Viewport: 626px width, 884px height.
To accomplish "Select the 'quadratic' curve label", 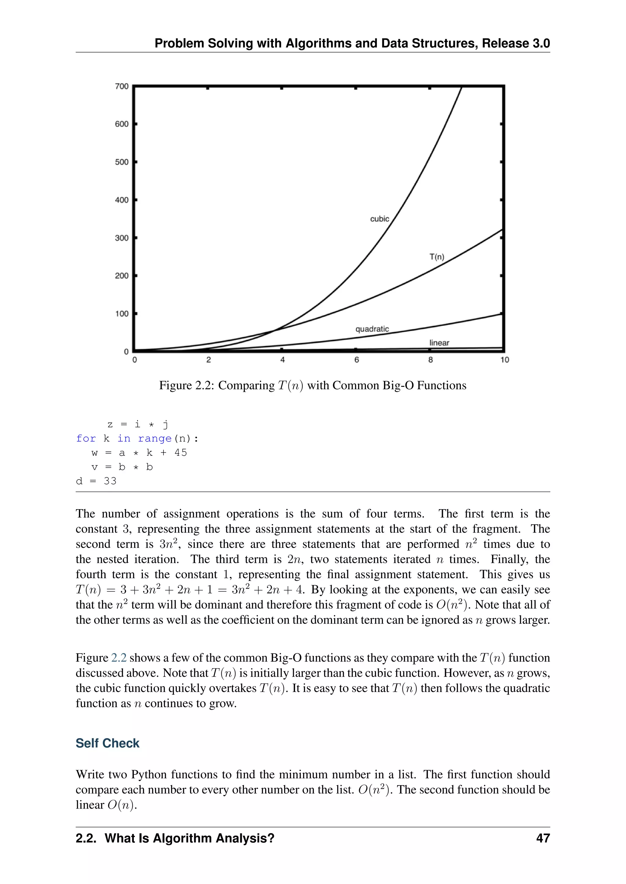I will click(x=372, y=329).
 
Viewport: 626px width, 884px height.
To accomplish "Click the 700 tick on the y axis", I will click(x=122, y=86).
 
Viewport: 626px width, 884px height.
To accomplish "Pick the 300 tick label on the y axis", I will click(x=122, y=238).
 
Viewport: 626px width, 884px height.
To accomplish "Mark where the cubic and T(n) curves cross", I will click(x=274, y=330).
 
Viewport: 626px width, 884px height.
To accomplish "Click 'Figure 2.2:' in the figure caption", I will click(x=187, y=386).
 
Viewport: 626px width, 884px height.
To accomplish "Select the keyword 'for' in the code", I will click(x=86, y=439).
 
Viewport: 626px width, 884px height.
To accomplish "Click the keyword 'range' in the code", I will click(x=155, y=439).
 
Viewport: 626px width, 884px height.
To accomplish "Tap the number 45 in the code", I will click(x=180, y=453).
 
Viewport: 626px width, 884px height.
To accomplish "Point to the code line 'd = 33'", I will click(x=96, y=481).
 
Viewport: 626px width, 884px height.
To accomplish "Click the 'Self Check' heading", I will click(x=107, y=743).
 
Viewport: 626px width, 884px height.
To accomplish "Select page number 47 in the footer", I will click(x=543, y=838).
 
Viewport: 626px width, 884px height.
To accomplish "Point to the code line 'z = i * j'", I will click(x=138, y=424).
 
